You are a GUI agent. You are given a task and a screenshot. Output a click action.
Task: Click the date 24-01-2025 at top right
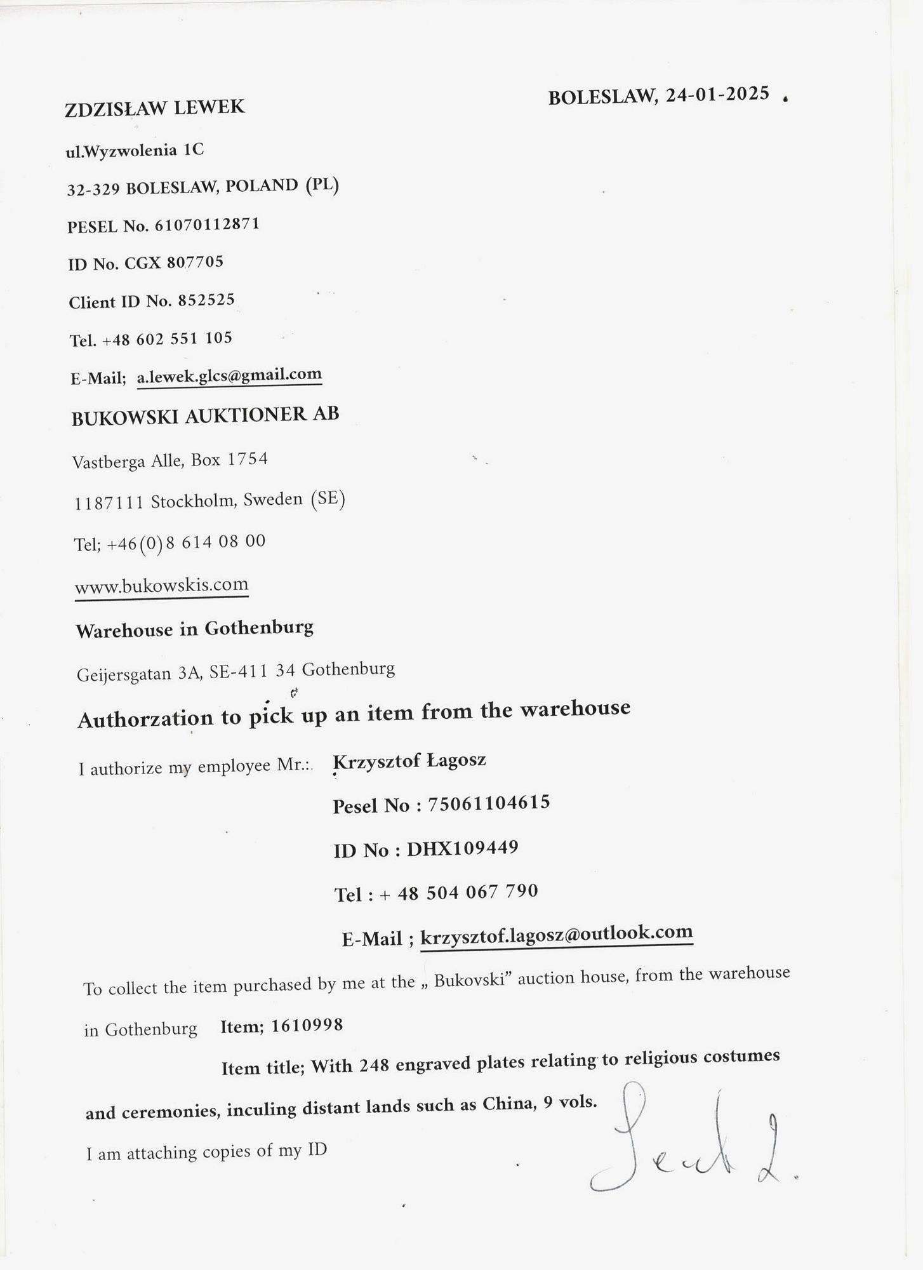coord(717,95)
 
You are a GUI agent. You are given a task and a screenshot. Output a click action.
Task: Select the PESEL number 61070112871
coord(207,225)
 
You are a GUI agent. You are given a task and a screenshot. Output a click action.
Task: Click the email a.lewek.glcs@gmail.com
coord(229,376)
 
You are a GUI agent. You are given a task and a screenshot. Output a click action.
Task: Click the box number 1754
coord(248,459)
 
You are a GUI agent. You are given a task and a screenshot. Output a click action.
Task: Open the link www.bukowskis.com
coord(161,585)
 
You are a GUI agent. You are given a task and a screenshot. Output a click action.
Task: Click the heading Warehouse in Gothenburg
coord(194,629)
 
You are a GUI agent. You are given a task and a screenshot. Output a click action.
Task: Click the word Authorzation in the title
coord(145,719)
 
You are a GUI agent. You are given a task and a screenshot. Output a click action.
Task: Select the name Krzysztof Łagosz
coord(409,760)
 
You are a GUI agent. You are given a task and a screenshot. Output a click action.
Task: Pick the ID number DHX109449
coord(462,848)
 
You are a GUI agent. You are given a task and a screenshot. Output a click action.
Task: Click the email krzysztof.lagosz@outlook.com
coord(556,933)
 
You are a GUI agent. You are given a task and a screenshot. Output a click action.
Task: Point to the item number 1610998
coord(307,1026)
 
